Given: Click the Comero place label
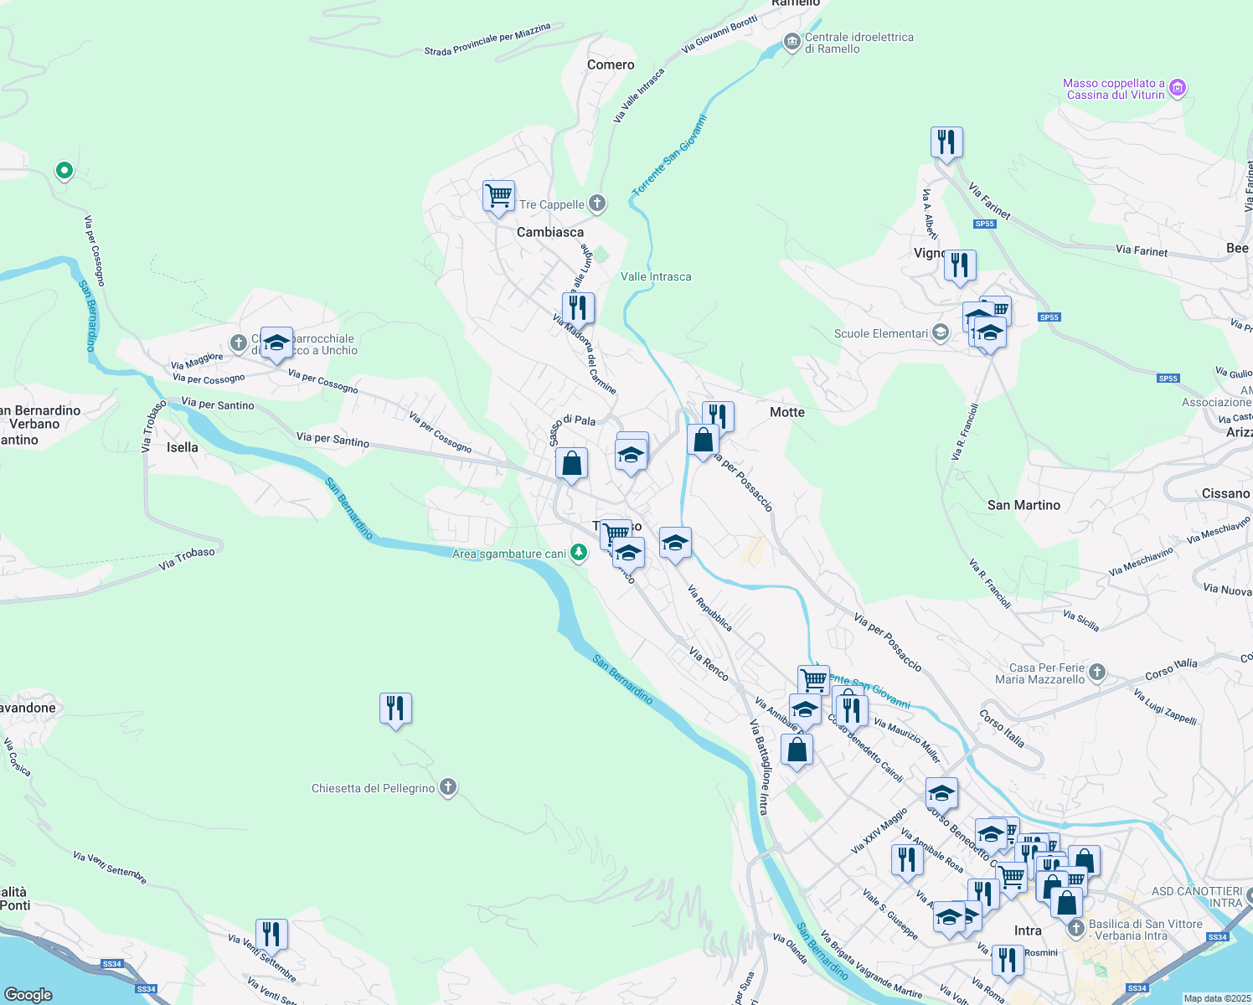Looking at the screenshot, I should click(x=611, y=64).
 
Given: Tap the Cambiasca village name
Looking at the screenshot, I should click(x=550, y=232).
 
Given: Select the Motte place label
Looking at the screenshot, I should click(x=786, y=412).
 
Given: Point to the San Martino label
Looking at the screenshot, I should click(x=1024, y=505).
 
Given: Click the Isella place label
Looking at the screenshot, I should click(x=182, y=447).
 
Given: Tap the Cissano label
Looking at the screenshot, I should click(x=1225, y=493).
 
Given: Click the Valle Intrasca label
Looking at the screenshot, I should click(x=656, y=276).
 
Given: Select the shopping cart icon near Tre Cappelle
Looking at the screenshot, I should click(x=498, y=196).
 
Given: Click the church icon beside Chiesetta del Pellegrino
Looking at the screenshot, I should click(x=448, y=787).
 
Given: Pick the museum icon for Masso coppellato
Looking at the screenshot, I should click(x=1178, y=87).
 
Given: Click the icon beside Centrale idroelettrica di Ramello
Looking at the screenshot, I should click(x=792, y=42).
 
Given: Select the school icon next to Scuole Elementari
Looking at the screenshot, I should click(x=941, y=332).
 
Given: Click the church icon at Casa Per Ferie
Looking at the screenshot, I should click(x=1097, y=673).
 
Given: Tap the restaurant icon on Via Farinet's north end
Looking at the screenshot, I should click(x=946, y=142).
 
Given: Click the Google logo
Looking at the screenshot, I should click(x=28, y=994).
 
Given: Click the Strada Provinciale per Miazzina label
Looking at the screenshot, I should click(x=487, y=39).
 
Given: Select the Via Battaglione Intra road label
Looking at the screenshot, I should click(x=759, y=766).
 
